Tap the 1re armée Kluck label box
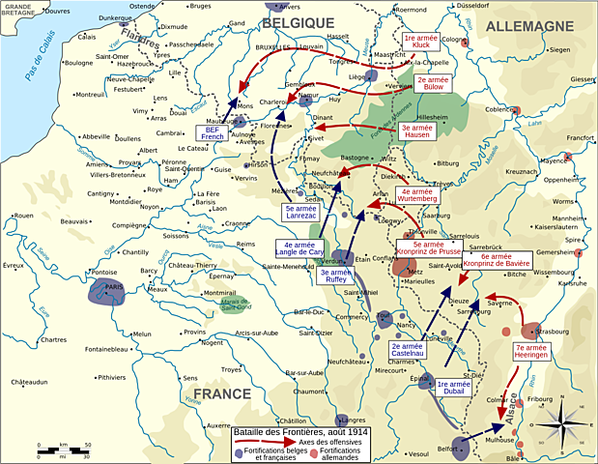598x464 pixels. [422, 42]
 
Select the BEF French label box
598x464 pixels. [213, 133]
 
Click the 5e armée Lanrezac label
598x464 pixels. [301, 214]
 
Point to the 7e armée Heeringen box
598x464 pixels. [532, 352]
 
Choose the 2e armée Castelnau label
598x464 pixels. [408, 353]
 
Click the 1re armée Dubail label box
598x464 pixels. [454, 389]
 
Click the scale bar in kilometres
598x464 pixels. [64, 449]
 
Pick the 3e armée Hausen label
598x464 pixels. [416, 132]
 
